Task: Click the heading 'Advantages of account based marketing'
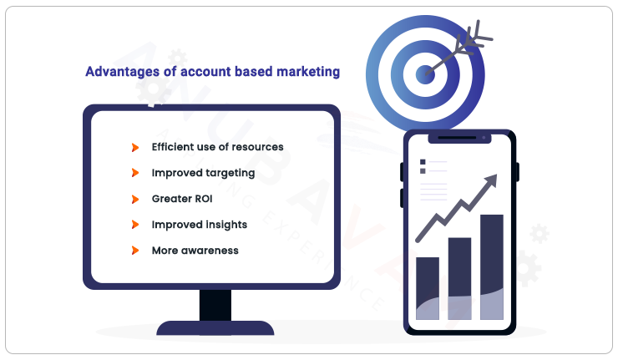click(212, 72)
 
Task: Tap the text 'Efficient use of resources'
click(217, 147)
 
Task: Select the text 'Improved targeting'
click(203, 173)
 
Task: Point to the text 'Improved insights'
click(199, 225)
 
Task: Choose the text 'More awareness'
click(195, 251)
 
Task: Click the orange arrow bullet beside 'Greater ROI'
click(134, 199)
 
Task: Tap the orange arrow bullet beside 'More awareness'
click(134, 251)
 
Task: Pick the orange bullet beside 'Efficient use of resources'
click(134, 147)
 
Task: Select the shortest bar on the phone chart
click(428, 288)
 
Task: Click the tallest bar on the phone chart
click(492, 267)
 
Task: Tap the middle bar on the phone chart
click(460, 278)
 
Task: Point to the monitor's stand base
click(215, 328)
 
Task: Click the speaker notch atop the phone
click(459, 137)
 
